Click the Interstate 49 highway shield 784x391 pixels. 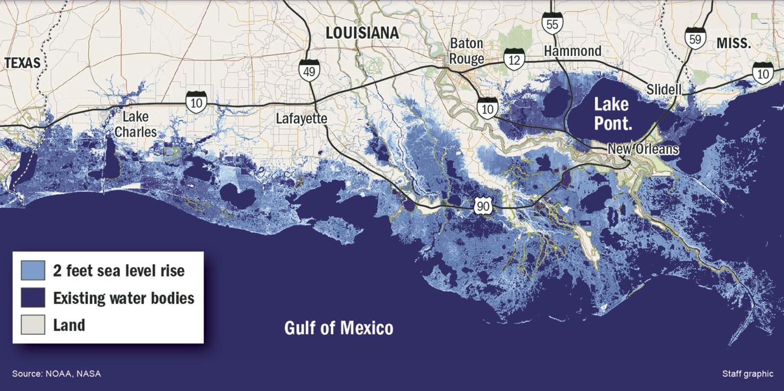click(309, 69)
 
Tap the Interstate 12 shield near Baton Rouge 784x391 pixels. click(514, 59)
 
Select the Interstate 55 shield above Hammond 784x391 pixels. click(552, 23)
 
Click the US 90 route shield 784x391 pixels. click(483, 206)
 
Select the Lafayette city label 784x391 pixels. click(301, 118)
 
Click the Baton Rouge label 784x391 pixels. click(467, 51)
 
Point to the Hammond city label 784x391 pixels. click(573, 51)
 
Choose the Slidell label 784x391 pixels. click(663, 90)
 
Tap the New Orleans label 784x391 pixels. click(643, 149)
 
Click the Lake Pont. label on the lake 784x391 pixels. click(611, 114)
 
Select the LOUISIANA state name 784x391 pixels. click(362, 33)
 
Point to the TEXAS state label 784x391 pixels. click(22, 63)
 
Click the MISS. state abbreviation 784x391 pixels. click(734, 44)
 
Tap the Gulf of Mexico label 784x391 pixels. click(338, 328)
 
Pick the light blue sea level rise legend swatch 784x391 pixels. click(33, 271)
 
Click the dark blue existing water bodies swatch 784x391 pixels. click(33, 298)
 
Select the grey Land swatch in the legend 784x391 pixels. click(33, 325)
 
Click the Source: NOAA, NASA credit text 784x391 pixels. click(56, 373)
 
